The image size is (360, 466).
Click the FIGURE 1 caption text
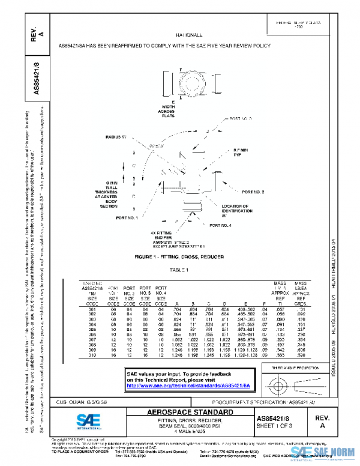click(179, 256)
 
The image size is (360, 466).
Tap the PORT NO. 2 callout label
click(253, 192)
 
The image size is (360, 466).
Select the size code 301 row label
click(92, 309)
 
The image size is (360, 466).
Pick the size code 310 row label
click(92, 356)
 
